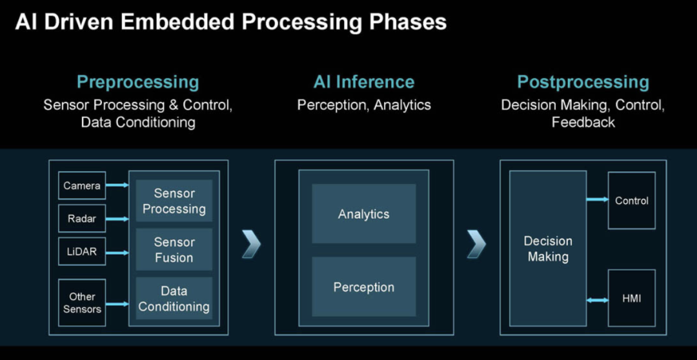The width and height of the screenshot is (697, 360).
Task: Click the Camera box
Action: [82, 186]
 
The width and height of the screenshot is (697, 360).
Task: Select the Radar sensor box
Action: [82, 219]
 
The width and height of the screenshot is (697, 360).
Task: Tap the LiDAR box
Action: [82, 252]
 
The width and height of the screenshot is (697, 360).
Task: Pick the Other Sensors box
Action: [82, 303]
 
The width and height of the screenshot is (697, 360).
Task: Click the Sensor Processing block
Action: [174, 201]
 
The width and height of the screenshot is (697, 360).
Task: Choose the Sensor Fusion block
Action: [174, 250]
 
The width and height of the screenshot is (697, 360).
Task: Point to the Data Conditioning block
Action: [174, 299]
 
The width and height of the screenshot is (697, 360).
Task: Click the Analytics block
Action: [364, 214]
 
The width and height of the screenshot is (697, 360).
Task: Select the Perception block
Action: [364, 287]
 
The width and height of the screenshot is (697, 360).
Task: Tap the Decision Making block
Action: [548, 248]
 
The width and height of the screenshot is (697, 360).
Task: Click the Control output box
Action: [631, 201]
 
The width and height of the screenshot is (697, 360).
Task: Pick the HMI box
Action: [631, 299]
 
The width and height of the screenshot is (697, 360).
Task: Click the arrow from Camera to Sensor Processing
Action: [117, 186]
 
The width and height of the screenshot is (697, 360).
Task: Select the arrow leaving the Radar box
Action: [117, 219]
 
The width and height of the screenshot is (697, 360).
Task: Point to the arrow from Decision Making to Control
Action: [597, 200]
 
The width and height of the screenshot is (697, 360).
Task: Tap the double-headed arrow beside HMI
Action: [597, 299]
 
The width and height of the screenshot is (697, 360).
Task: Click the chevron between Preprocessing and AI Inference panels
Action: [251, 243]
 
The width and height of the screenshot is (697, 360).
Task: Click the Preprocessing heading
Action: [138, 83]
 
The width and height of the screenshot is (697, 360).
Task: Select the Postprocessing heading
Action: [583, 83]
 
